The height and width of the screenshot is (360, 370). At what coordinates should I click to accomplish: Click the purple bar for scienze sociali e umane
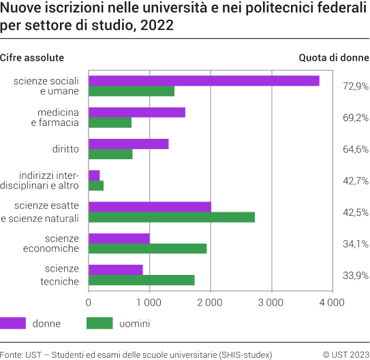(204, 81)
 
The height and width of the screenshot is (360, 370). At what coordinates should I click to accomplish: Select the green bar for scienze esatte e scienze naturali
(172, 217)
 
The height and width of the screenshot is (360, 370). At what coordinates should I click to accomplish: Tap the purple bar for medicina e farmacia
(137, 112)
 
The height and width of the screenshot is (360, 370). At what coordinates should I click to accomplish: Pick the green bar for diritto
(110, 154)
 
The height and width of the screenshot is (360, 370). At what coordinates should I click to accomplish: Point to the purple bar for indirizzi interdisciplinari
(94, 175)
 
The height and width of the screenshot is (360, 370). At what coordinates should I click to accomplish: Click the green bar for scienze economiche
(148, 248)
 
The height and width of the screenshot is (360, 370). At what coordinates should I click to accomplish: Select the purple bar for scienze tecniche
(116, 269)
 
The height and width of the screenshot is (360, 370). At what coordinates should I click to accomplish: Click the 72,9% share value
(355, 86)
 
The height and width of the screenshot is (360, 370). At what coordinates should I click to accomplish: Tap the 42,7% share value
(355, 180)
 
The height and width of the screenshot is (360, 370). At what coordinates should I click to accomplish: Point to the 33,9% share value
(355, 275)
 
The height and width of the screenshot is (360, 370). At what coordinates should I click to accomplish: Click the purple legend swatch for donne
(13, 323)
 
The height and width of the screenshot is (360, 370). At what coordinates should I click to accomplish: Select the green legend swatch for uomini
(99, 323)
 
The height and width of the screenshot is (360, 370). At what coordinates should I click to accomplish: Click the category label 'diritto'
(65, 149)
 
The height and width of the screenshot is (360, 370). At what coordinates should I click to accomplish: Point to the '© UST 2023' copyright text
(345, 354)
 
